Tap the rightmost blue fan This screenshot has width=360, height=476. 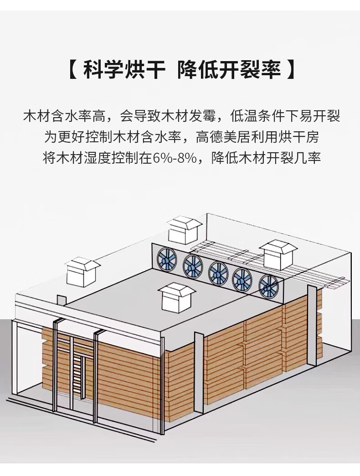(x=269, y=287)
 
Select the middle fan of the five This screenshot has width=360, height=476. (x=218, y=273)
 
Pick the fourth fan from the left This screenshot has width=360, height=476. (x=242, y=279)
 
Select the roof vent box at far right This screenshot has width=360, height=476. (x=278, y=255)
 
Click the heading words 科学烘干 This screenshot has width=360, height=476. (x=124, y=70)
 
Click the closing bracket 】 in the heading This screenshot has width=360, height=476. (x=290, y=70)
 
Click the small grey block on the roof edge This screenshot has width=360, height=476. (x=62, y=300)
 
